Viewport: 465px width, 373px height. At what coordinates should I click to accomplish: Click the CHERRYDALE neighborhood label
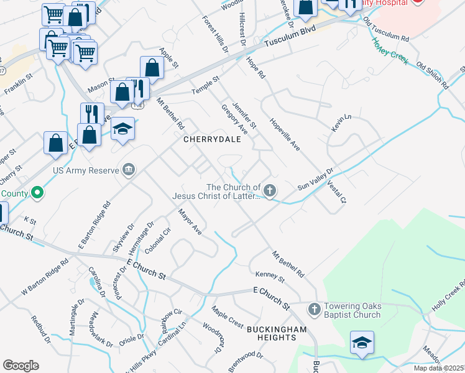click(212, 140)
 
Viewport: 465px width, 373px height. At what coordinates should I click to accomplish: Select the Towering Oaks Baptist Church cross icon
click(314, 308)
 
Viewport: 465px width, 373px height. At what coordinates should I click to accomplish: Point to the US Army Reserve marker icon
click(129, 169)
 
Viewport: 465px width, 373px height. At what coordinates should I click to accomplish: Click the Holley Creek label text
click(390, 50)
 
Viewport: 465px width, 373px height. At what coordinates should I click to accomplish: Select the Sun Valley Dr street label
click(316, 178)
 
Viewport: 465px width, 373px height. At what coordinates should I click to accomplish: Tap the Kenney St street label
click(270, 276)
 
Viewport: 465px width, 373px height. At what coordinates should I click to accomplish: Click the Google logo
click(21, 366)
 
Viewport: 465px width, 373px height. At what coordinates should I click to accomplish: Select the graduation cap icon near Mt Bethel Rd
click(122, 129)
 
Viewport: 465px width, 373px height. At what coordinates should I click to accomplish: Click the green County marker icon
click(37, 193)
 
